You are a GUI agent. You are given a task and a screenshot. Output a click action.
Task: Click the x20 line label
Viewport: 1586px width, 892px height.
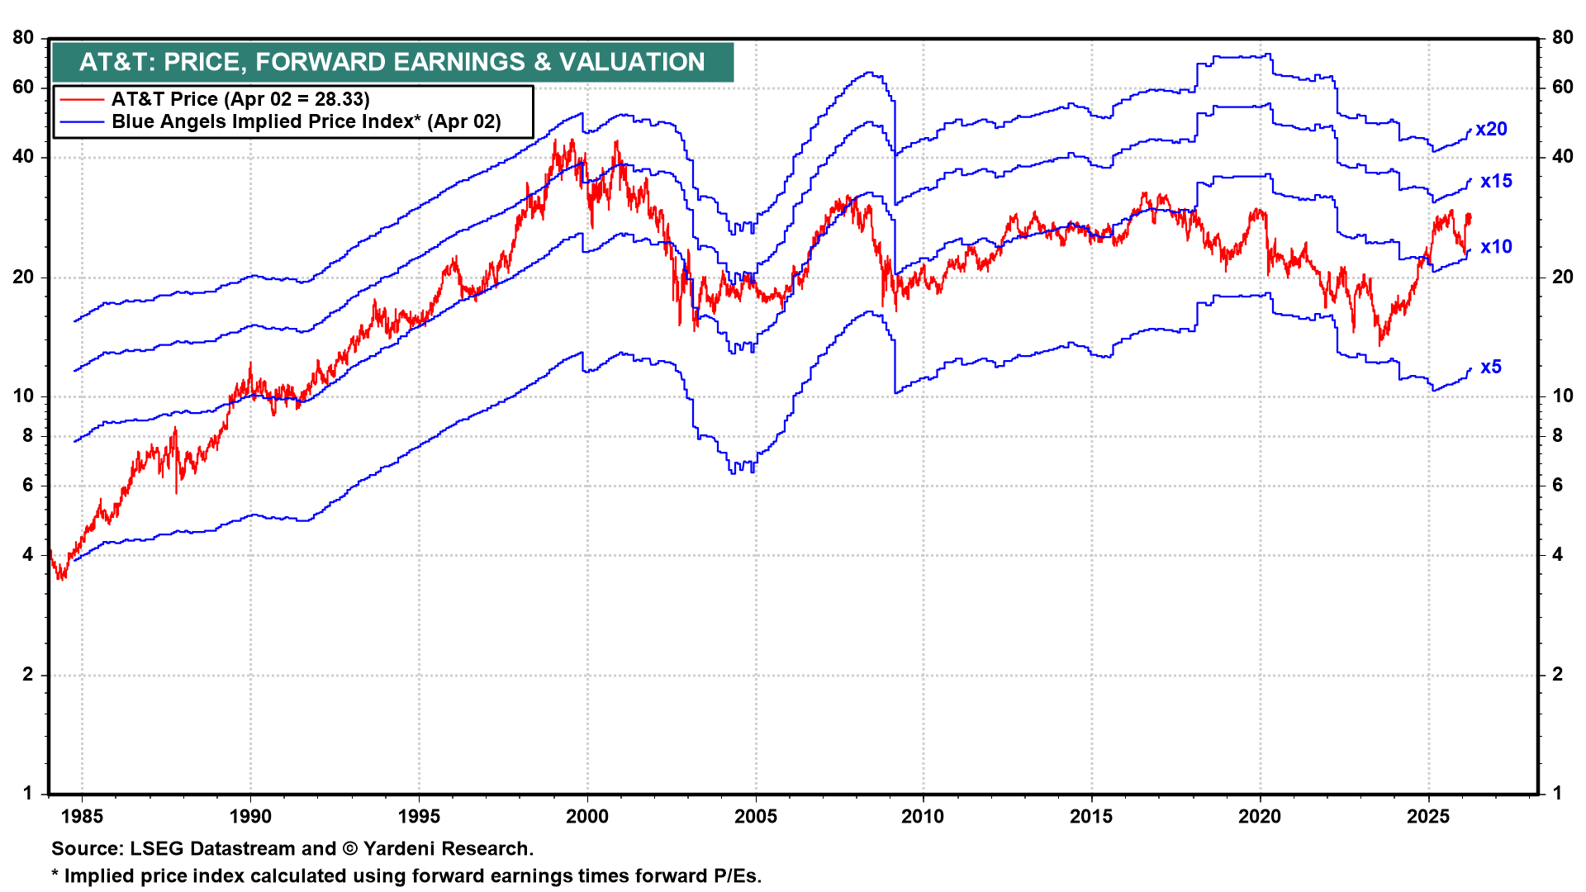pyautogui.click(x=1491, y=130)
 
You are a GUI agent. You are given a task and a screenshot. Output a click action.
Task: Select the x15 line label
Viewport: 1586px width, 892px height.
pyautogui.click(x=1496, y=182)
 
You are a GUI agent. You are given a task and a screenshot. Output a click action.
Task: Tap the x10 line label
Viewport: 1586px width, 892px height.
pyautogui.click(x=1496, y=247)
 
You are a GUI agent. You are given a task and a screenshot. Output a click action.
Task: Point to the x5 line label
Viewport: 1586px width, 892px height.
pyautogui.click(x=1491, y=368)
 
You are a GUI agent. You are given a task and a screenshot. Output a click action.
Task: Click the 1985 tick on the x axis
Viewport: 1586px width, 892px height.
pyautogui.click(x=83, y=817)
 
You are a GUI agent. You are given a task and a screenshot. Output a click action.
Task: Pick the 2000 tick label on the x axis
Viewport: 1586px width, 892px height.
pyautogui.click(x=587, y=817)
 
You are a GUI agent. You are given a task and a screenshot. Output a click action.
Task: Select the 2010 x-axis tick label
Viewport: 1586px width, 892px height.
pyautogui.click(x=923, y=817)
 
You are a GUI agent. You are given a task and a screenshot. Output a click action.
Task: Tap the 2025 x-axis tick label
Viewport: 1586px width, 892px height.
pyautogui.click(x=1428, y=817)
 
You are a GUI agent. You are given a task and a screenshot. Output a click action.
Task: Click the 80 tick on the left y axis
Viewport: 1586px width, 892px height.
pyautogui.click(x=23, y=38)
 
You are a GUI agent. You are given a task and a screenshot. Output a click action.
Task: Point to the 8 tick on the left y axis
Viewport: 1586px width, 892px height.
pyautogui.click(x=28, y=436)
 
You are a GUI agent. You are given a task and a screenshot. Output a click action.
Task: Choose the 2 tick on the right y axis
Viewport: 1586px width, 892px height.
pyautogui.click(x=1557, y=675)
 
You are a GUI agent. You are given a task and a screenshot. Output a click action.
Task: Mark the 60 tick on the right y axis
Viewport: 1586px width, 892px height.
pyautogui.click(x=1562, y=88)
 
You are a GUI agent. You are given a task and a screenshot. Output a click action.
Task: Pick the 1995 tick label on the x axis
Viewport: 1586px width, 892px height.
pyautogui.click(x=419, y=817)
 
